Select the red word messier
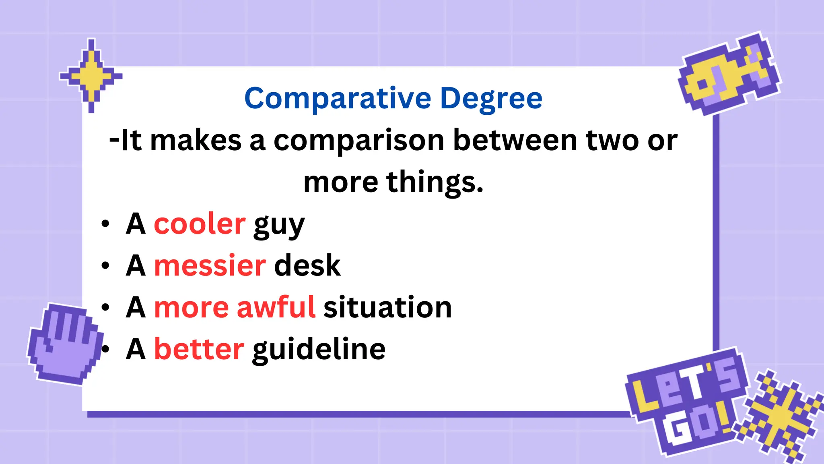pyautogui.click(x=210, y=266)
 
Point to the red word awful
pyautogui.click(x=276, y=307)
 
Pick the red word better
pyautogui.click(x=199, y=349)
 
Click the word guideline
pyautogui.click(x=319, y=350)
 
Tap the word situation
pyautogui.click(x=387, y=307)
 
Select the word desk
pyautogui.click(x=307, y=266)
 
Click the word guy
pyautogui.click(x=279, y=226)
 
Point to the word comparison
pyautogui.click(x=359, y=141)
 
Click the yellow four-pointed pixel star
pyautogui.click(x=91, y=76)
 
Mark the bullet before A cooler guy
pyautogui.click(x=105, y=224)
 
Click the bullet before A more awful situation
pyautogui.click(x=105, y=308)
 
